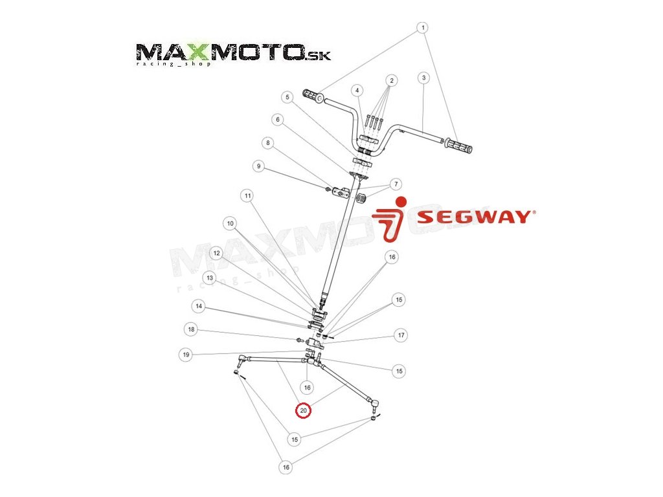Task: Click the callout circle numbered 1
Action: [423, 28]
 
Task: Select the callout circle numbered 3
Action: [423, 78]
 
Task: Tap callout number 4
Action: [358, 89]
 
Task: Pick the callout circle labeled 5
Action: [287, 97]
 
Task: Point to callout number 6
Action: [278, 120]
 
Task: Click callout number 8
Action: [268, 143]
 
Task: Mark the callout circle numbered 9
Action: [258, 166]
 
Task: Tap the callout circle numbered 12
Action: [217, 254]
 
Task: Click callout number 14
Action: [199, 305]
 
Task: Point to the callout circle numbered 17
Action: [401, 335]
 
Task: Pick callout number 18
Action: [191, 330]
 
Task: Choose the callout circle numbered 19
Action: [186, 355]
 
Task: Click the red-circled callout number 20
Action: [303, 410]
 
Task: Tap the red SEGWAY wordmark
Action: [475, 217]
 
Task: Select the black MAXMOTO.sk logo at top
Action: [234, 53]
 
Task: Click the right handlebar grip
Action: [458, 146]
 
